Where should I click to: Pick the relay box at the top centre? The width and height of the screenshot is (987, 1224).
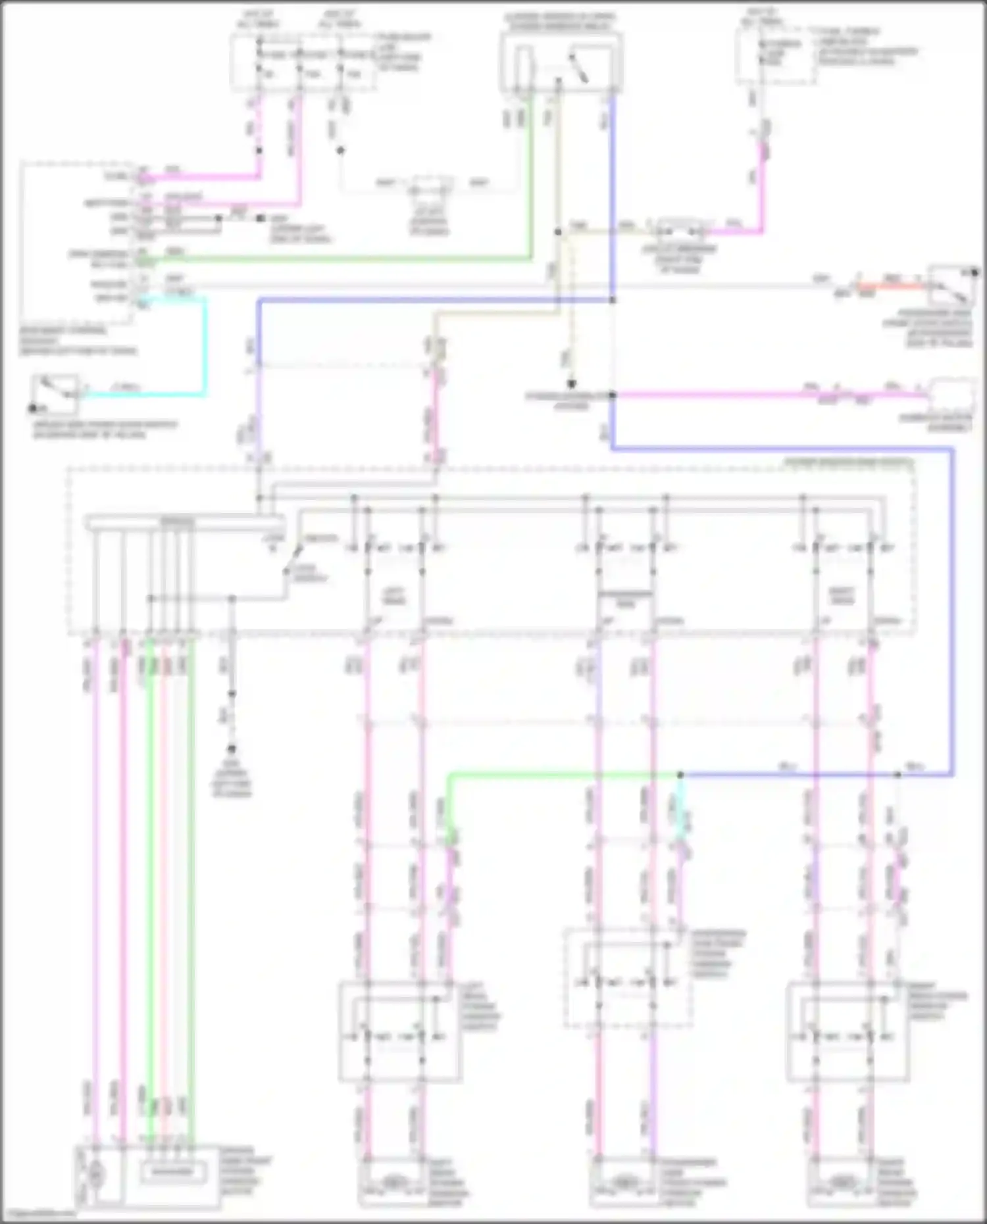(561, 62)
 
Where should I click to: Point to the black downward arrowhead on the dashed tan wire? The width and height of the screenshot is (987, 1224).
(572, 383)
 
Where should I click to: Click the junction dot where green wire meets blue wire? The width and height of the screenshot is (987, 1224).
(680, 775)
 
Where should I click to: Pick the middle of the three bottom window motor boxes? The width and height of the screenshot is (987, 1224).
(626, 1184)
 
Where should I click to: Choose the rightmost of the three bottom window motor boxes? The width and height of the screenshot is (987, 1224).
(842, 1184)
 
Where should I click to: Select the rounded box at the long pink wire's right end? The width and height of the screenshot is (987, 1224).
(951, 394)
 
